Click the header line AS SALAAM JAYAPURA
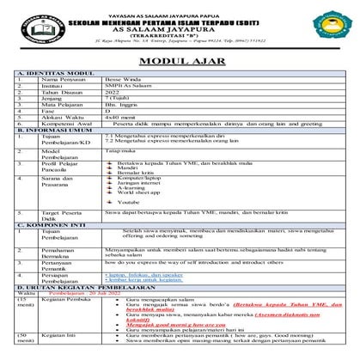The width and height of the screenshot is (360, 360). (x=180, y=25)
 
